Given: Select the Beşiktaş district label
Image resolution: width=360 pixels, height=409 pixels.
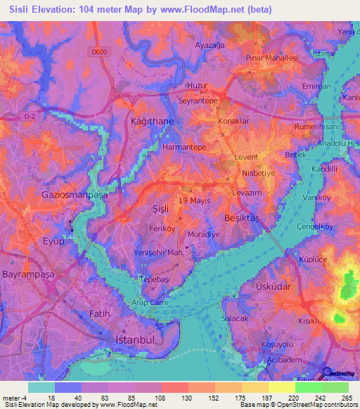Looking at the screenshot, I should (x=241, y=219).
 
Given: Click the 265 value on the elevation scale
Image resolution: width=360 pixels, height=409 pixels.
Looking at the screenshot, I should (x=346, y=397).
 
